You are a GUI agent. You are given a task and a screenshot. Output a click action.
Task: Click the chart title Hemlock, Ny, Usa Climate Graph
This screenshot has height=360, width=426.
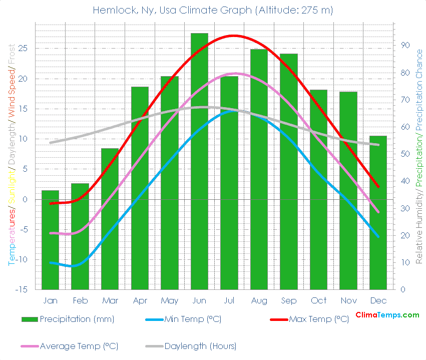pos(213,10)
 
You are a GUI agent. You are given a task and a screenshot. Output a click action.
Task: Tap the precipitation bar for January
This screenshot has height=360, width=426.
pos(50,240)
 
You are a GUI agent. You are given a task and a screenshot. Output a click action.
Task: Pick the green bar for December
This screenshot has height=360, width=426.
pos(378,212)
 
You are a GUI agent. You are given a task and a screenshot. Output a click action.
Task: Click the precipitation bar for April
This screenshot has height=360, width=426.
pos(140,188)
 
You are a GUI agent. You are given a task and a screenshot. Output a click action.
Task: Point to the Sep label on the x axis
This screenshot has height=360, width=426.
pos(288,300)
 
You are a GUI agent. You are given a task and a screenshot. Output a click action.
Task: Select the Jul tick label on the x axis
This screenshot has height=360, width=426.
pos(229,300)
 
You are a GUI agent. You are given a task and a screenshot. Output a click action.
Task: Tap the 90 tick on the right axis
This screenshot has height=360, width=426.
pos(404,46)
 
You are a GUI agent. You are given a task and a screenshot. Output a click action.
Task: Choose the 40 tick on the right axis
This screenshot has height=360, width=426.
pos(404,181)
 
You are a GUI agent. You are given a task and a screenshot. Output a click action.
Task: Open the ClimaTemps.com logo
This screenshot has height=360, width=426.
pos(387,315)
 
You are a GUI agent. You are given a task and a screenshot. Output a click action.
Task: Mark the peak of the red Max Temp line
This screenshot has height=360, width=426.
pos(233,36)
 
